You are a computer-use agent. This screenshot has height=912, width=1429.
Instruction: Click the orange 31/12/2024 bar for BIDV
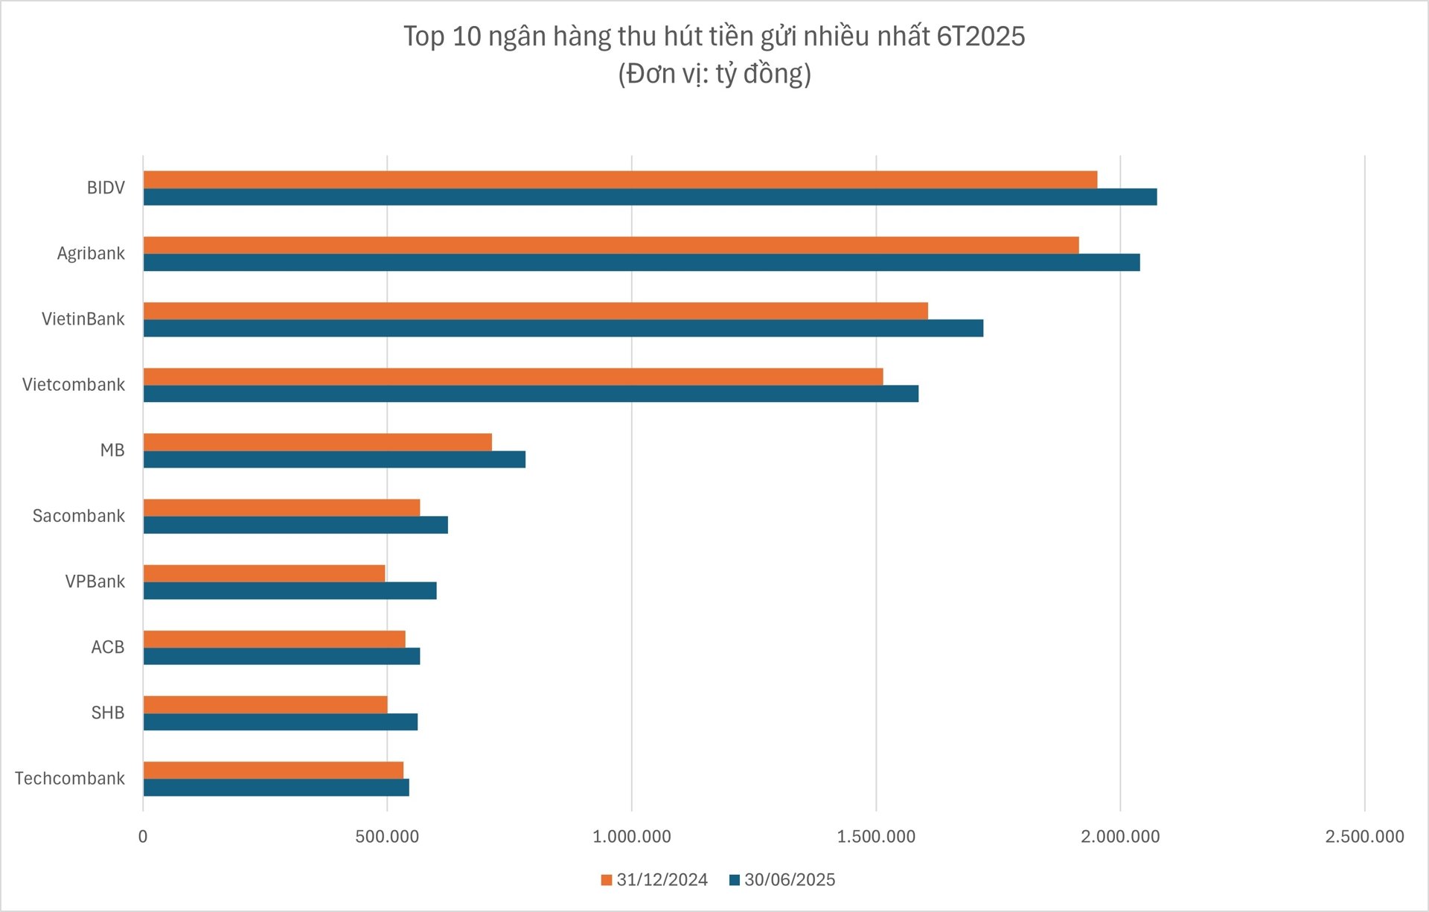point(620,179)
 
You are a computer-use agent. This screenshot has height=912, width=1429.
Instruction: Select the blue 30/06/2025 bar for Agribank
point(641,263)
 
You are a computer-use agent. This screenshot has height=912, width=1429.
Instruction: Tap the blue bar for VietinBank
point(563,328)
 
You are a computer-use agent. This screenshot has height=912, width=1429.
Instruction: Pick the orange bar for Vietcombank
point(513,377)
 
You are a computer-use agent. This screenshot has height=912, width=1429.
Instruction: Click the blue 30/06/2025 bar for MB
point(334,459)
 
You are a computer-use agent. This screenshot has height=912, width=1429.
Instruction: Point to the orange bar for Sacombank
point(281,508)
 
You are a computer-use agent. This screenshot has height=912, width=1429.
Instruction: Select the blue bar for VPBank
point(290,591)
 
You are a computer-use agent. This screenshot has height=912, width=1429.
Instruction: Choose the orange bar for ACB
point(274,639)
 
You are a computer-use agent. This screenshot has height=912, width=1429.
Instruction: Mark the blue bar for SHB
point(280,722)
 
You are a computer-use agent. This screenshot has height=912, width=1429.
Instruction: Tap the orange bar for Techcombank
point(273,770)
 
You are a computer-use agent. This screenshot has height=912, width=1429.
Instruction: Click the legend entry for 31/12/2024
point(654,880)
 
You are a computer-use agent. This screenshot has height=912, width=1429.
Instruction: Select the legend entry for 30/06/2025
point(782,880)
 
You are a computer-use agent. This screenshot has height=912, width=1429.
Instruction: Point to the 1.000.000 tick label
point(631,837)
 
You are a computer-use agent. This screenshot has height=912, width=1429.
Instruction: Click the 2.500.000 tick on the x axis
point(1364,837)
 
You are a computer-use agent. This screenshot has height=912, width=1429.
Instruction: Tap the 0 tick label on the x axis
point(143,837)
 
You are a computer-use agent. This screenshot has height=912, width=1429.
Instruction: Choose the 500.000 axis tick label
point(387,837)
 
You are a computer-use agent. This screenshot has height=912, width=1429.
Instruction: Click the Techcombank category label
point(70,779)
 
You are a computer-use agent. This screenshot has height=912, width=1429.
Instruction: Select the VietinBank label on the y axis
point(83,319)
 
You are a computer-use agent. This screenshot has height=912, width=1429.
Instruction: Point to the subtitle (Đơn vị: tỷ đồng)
point(714,74)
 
